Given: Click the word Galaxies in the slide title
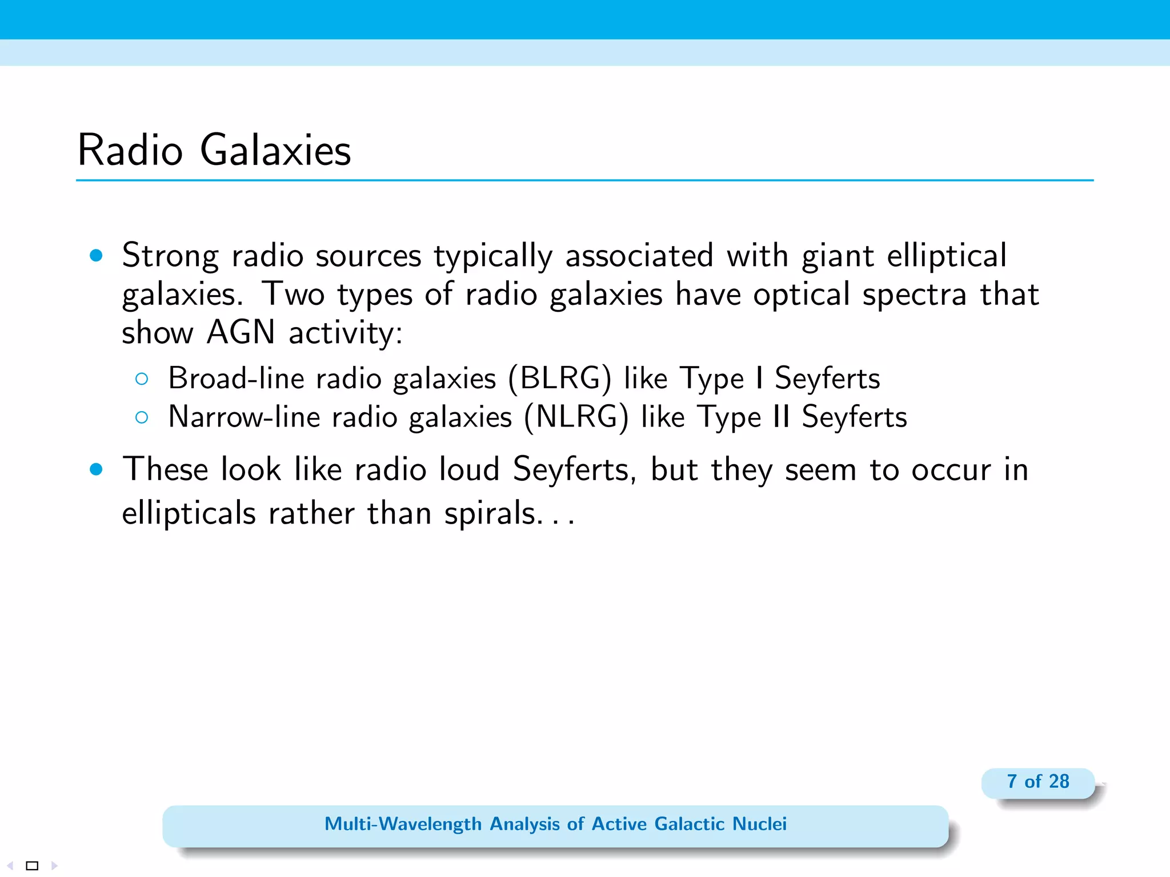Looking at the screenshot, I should coord(275,150).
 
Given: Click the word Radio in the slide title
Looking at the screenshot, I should coord(130,150).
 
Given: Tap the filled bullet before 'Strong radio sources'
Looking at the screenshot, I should coord(96,255).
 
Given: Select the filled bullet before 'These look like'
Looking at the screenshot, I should coord(96,469).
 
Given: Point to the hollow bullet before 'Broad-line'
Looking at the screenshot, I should coord(142,379).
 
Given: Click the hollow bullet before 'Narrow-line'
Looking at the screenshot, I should coord(142,417).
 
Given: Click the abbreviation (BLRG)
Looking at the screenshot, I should coord(559,379).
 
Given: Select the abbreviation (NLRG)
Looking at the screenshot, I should coord(576,417).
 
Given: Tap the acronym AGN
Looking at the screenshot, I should coord(241,332).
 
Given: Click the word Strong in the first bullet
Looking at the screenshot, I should coord(170,255).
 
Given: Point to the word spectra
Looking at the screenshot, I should coord(914,295).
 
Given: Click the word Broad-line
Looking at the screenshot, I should coord(236,379).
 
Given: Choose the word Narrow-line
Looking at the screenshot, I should coord(244,417).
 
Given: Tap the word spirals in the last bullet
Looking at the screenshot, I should coord(490,513).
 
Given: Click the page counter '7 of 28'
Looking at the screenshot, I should coord(1037,782).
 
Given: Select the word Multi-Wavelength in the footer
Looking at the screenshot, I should coord(403,824).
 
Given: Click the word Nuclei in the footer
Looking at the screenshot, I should coord(759,824).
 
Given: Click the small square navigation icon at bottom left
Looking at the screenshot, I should coord(33,866).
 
